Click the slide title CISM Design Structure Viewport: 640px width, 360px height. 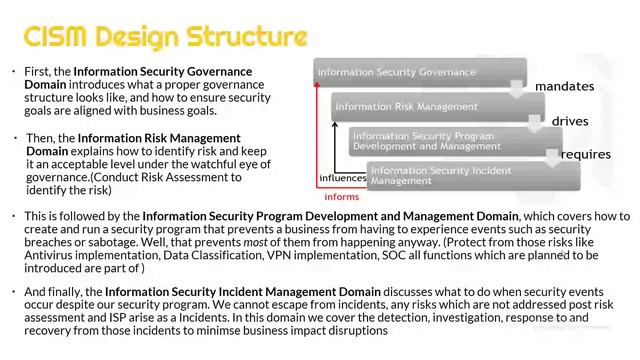(165, 38)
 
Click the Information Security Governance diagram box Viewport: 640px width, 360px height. (420, 71)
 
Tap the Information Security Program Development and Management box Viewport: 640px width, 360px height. (450, 141)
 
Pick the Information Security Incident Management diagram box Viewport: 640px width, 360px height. (470, 176)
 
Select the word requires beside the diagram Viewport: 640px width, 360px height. (586, 154)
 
